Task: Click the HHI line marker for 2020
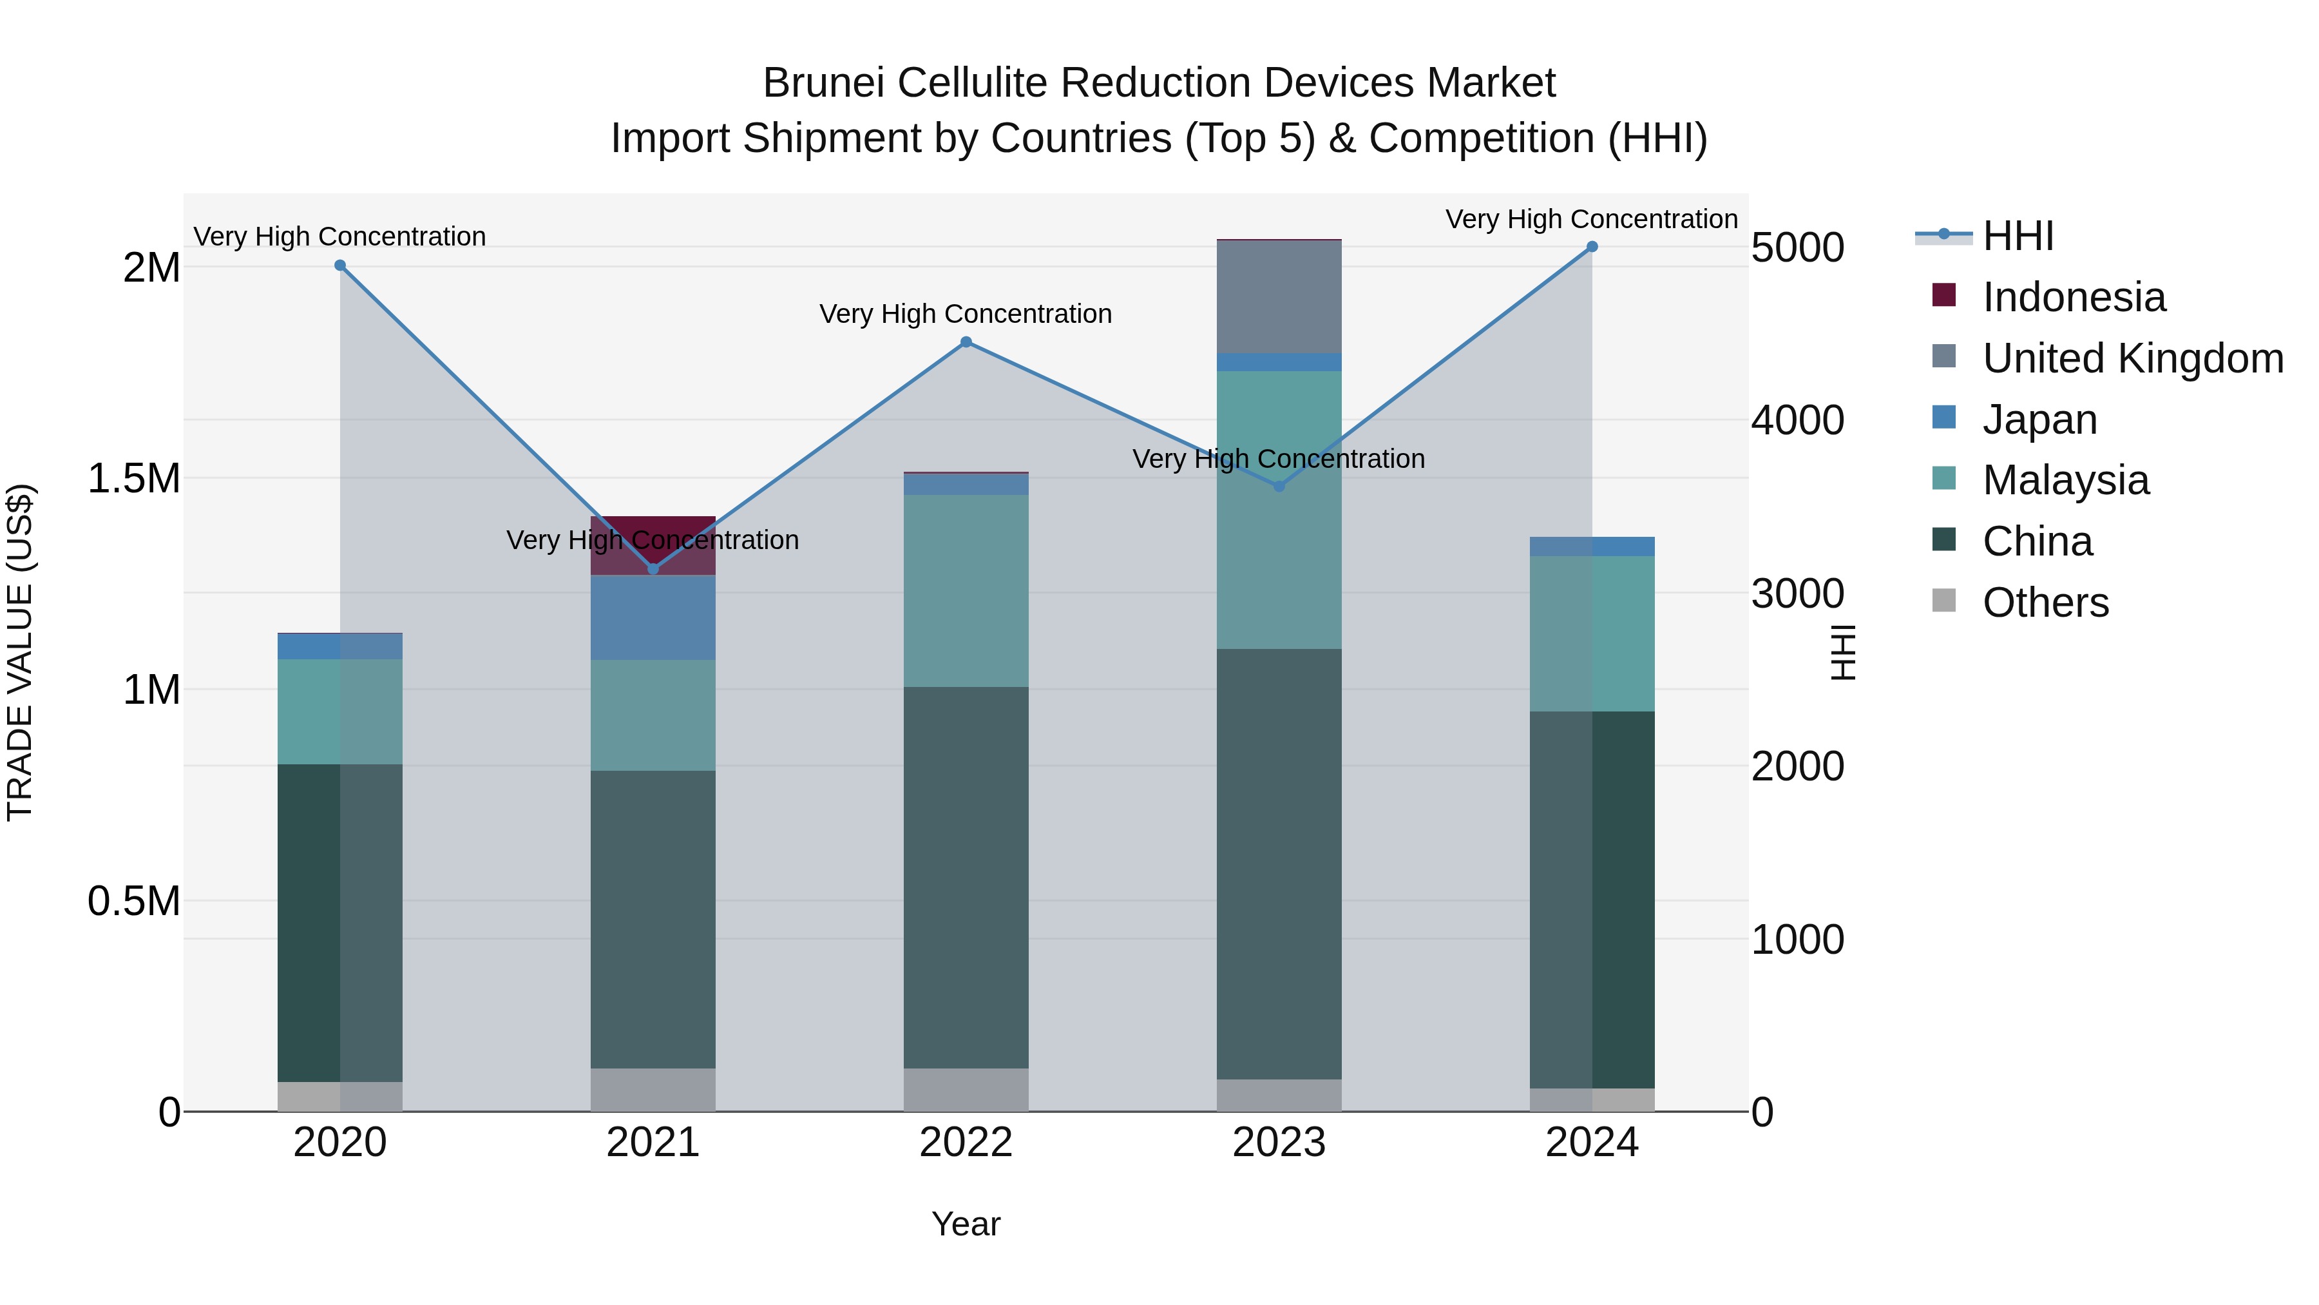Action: (340, 266)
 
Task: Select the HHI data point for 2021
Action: (654, 569)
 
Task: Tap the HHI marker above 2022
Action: (966, 342)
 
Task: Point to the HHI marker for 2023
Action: (1279, 487)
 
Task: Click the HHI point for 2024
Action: (1592, 247)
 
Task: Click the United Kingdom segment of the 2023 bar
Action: (1279, 297)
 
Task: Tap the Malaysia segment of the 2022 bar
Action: (966, 591)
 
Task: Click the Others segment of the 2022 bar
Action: (966, 1090)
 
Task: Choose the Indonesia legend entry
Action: (2073, 297)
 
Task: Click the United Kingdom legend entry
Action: (2132, 358)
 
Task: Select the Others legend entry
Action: (2045, 603)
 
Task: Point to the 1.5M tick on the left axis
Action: (134, 478)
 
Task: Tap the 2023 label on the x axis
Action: (1279, 1143)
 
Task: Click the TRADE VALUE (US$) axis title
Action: (21, 652)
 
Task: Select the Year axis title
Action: (966, 1224)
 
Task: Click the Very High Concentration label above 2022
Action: (966, 314)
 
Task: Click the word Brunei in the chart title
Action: (824, 83)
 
